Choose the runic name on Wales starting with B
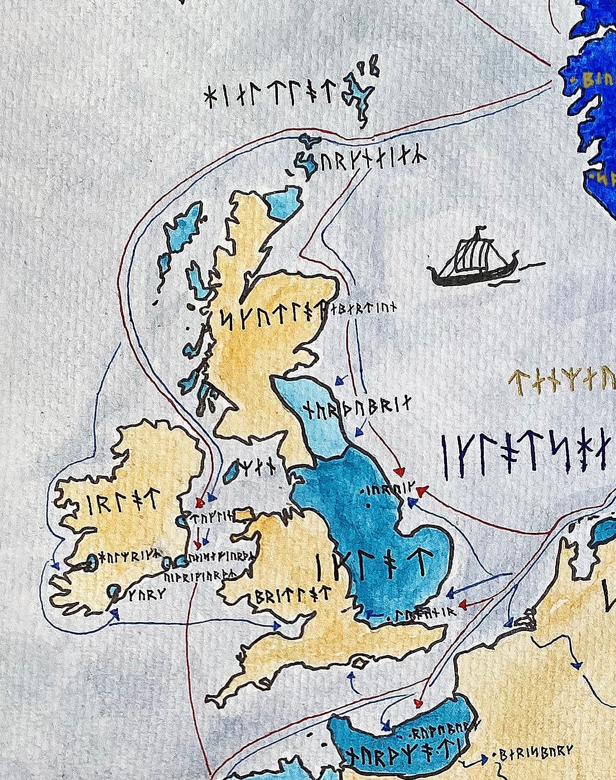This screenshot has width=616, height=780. click(x=292, y=596)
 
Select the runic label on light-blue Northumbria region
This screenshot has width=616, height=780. click(x=357, y=409)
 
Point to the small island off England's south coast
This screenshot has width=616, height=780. click(x=360, y=663)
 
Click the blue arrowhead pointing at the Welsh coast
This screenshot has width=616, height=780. click(x=276, y=626)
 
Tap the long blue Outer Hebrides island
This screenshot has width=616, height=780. click(x=184, y=229)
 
